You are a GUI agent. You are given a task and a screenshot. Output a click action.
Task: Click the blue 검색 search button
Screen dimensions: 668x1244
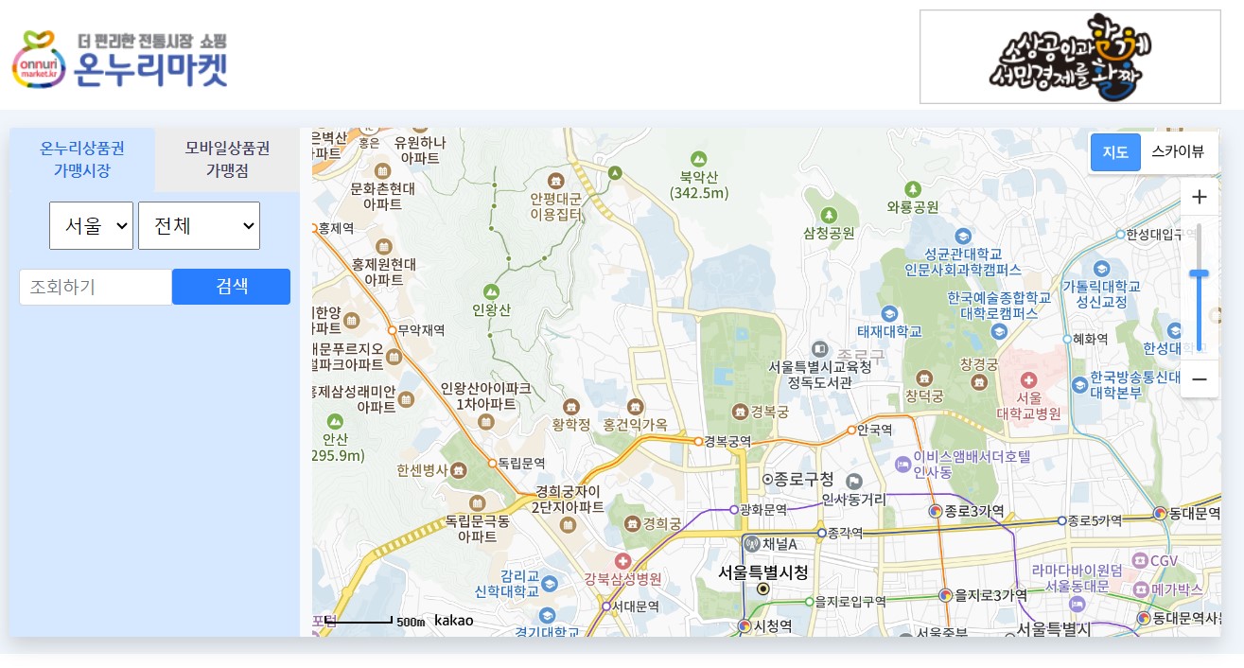231,287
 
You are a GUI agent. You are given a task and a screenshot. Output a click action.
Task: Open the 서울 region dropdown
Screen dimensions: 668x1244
91,225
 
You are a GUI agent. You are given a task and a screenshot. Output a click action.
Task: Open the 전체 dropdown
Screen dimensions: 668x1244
199,225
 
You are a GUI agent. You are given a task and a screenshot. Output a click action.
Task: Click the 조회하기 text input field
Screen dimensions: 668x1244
96,287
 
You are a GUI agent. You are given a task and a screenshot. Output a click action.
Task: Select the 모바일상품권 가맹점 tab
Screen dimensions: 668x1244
227,159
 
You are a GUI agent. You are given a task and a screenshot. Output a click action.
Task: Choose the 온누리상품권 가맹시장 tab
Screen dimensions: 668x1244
82,159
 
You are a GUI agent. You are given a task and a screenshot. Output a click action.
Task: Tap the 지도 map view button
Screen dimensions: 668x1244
1115,152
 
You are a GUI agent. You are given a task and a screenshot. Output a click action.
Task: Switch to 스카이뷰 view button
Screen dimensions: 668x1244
1178,152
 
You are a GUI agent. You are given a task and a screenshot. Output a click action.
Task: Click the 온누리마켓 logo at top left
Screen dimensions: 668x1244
120,59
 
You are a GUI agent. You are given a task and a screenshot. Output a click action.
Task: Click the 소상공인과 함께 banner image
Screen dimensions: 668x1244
1070,57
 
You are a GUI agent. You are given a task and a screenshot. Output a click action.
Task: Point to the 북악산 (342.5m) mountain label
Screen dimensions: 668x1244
699,185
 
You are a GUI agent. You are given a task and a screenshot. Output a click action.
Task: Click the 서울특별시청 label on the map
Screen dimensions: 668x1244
763,572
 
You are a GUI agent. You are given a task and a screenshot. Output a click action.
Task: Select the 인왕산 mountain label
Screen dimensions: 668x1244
491,309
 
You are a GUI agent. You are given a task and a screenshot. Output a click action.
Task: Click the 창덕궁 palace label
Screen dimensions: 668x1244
924,395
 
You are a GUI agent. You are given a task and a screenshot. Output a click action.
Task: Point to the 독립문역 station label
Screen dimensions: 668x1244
521,463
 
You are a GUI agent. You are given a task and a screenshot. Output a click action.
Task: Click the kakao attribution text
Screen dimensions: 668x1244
454,621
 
